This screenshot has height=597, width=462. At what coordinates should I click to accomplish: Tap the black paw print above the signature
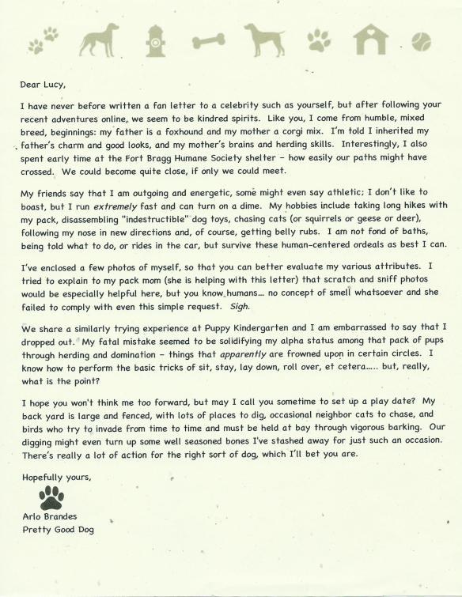[51, 498]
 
